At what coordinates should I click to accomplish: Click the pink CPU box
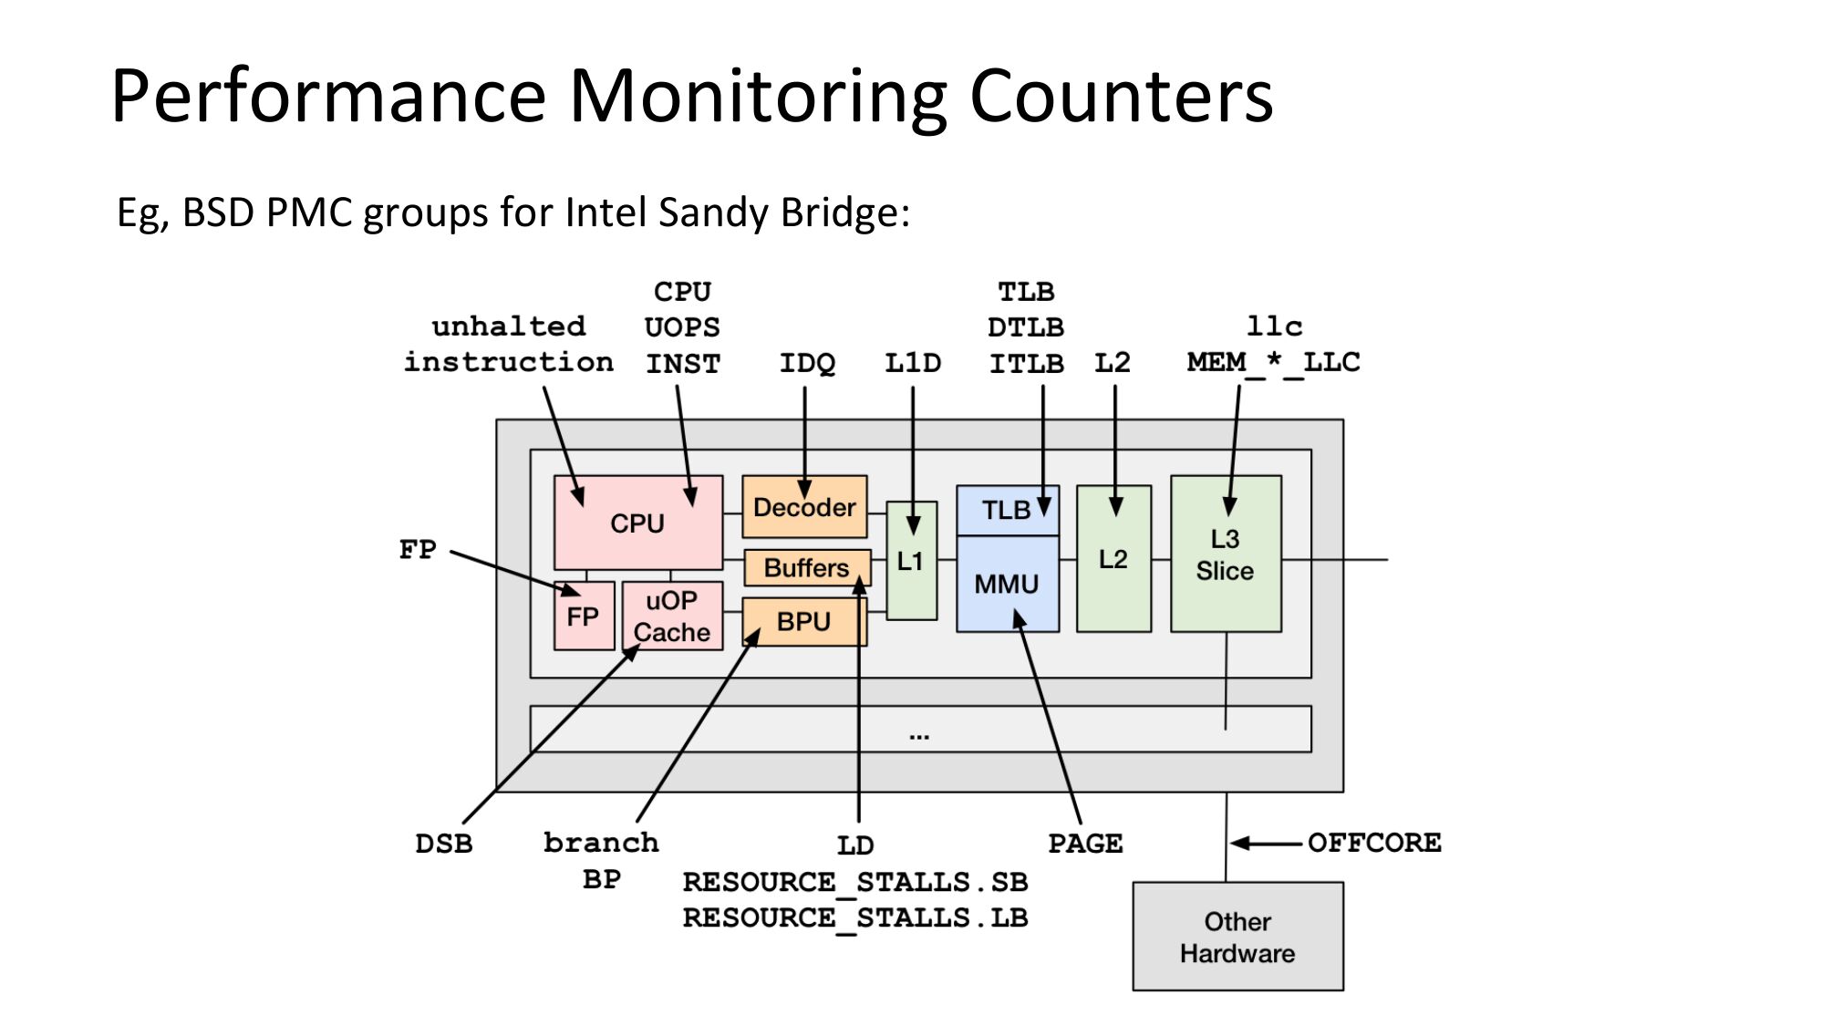(637, 523)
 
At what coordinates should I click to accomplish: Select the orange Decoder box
(804, 507)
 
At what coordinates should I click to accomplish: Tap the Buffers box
(806, 568)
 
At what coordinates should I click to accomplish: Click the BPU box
(803, 622)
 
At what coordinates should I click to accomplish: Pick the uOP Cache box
(672, 617)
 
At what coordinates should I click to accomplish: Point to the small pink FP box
(584, 617)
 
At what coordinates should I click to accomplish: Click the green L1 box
(911, 561)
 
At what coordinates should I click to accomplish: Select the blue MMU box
(1007, 584)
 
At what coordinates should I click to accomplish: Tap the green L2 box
(1113, 559)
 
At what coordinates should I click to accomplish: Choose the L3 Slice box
(1225, 554)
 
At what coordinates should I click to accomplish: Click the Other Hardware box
(1237, 937)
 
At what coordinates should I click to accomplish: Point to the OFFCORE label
(1374, 843)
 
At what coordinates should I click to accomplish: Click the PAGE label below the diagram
(1085, 844)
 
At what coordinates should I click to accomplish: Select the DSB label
(444, 844)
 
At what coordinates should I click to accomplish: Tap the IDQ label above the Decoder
(807, 363)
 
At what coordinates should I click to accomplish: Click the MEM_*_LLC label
(1273, 363)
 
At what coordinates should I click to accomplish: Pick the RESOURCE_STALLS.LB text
(855, 917)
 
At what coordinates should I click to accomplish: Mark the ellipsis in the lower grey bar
(919, 734)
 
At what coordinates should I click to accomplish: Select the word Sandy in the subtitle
(714, 213)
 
